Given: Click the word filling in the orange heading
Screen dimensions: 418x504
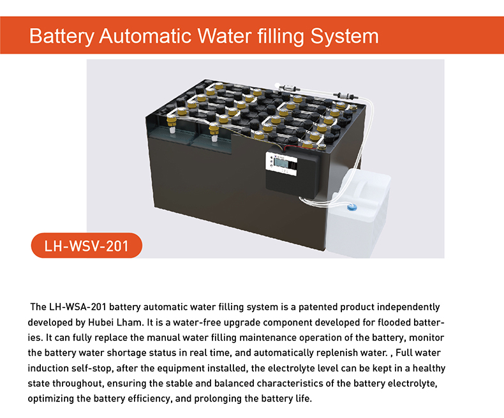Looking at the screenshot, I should click(278, 35).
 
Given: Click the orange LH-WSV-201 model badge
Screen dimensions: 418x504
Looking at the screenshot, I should click(86, 246).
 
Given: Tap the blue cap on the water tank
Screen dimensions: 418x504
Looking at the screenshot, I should click(350, 207).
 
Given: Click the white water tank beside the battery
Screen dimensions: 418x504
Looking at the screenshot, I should click(360, 214).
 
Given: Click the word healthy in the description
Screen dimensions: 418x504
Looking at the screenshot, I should click(428, 368).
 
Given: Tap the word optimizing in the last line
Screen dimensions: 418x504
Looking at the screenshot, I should click(52, 399).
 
